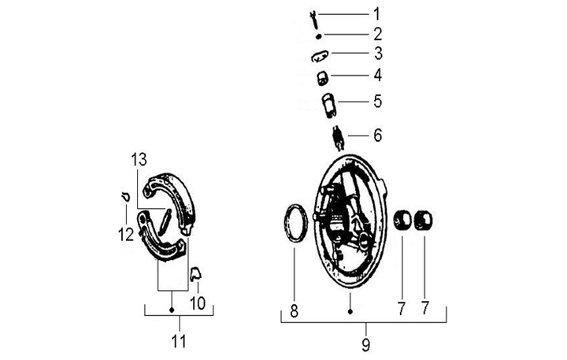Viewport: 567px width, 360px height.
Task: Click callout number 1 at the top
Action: click(x=376, y=13)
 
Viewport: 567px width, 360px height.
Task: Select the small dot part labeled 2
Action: click(x=318, y=35)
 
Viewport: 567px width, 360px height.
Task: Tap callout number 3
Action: click(x=377, y=54)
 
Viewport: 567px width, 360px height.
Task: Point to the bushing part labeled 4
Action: click(x=321, y=77)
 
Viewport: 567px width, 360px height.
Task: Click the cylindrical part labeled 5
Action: click(x=329, y=104)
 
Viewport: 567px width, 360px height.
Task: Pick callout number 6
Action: click(x=377, y=135)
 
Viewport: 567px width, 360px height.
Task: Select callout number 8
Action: click(x=294, y=311)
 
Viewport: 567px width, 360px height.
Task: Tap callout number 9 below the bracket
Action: click(x=365, y=344)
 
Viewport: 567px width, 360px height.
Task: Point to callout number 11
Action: click(x=179, y=341)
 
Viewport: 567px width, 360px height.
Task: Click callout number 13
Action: click(x=139, y=159)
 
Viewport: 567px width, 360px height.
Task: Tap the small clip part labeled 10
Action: click(x=196, y=273)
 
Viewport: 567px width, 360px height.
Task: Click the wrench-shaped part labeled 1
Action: click(x=312, y=16)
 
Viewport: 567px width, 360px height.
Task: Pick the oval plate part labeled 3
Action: click(x=318, y=55)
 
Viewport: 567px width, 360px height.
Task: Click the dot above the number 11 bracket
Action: click(x=172, y=310)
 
